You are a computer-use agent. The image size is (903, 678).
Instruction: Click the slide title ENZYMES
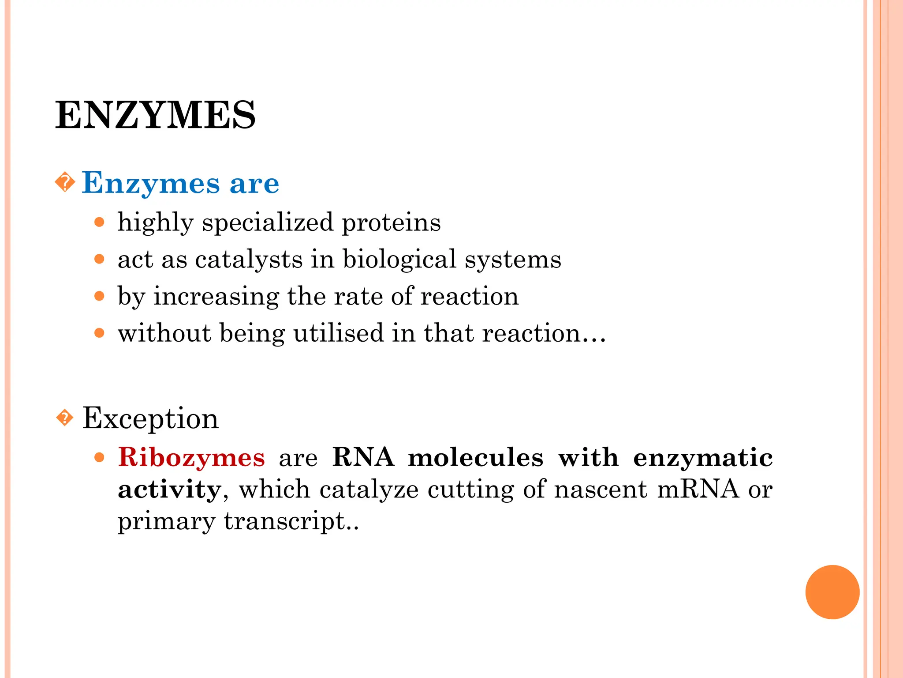coord(155,115)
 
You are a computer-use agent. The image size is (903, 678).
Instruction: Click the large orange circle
coord(832,592)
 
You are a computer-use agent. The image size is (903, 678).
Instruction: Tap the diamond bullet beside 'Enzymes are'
coord(65,182)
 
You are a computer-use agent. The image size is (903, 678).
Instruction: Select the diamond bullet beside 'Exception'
coord(65,418)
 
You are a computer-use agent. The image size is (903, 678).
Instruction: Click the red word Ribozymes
coord(191,457)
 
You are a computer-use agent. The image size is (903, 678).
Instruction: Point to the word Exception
coord(150,418)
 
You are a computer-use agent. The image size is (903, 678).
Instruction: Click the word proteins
coord(391,222)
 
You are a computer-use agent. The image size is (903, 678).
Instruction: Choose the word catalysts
coord(249,259)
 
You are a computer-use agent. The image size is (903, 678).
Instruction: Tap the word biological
coord(399,259)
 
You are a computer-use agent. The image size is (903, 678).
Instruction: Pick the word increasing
coord(216,296)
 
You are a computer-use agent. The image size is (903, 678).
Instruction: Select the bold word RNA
coord(363,457)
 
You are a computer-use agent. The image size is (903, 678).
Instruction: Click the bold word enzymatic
coord(703,457)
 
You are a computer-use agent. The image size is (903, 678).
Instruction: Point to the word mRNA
coord(698,490)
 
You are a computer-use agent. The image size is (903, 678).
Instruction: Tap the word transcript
coord(284,521)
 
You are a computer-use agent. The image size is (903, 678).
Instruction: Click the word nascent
coord(601,490)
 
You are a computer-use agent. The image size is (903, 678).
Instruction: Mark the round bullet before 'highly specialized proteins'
coord(100,222)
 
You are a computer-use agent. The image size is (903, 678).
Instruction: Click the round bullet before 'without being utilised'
coord(100,333)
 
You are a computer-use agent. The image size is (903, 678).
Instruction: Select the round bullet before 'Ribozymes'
coord(100,457)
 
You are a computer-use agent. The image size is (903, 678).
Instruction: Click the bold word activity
coord(170,490)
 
